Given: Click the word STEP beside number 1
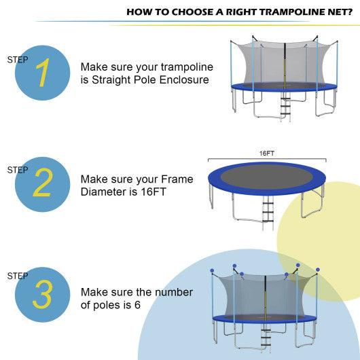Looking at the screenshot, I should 18,60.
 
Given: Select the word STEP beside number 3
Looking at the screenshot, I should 18,276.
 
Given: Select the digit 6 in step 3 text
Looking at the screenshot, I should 137,304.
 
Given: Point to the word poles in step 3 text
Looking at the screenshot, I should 110,304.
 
